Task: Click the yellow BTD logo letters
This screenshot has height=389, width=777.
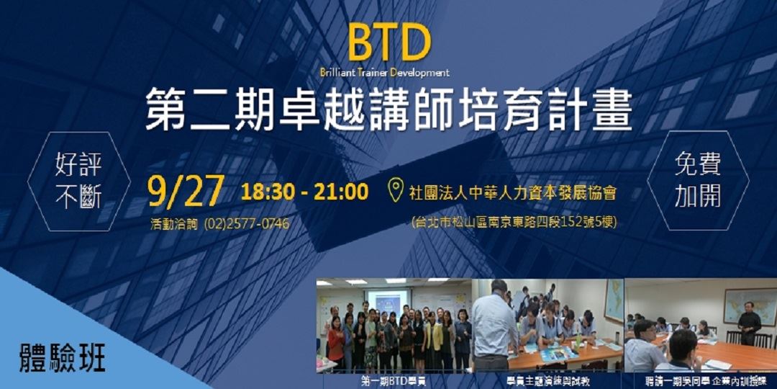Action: [x=389, y=44]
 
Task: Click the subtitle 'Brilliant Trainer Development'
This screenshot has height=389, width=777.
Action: [x=385, y=72]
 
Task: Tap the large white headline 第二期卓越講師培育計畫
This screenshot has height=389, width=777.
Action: [x=388, y=109]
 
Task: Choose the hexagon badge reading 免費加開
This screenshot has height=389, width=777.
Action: [x=698, y=181]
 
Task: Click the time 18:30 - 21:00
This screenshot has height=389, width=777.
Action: [x=304, y=192]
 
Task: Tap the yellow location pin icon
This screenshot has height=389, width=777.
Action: [x=395, y=192]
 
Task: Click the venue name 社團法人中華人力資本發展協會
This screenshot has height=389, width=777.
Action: [x=512, y=194]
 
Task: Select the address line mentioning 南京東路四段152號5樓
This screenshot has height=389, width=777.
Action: [x=513, y=222]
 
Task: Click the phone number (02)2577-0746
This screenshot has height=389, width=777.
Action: [x=247, y=223]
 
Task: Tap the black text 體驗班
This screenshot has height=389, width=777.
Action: [x=63, y=358]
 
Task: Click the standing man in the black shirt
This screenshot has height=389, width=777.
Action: [x=749, y=323]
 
